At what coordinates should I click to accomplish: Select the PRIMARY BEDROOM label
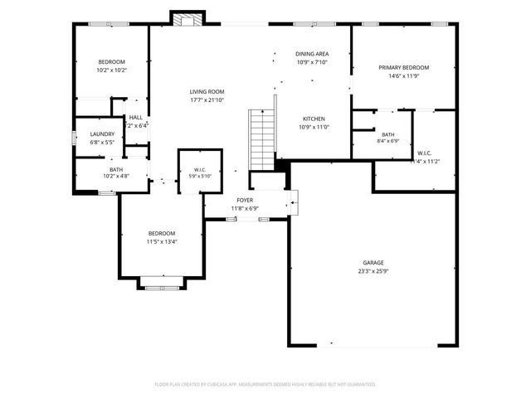tap(404, 67)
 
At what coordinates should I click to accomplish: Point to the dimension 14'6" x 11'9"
tap(404, 75)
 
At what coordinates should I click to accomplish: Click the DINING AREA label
tap(312, 54)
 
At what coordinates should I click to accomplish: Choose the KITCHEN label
tap(313, 119)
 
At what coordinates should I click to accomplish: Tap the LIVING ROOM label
tap(207, 92)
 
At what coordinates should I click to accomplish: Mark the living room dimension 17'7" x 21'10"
tap(207, 100)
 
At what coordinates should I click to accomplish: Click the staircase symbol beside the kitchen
tap(262, 137)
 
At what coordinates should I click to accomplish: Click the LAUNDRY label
tap(102, 134)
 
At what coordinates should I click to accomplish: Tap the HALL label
tap(135, 118)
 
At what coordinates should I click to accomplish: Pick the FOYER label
tap(245, 200)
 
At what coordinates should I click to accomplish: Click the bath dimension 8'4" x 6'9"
tap(387, 142)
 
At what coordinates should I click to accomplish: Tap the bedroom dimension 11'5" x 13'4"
tap(162, 241)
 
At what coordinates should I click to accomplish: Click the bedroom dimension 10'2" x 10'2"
tap(111, 70)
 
